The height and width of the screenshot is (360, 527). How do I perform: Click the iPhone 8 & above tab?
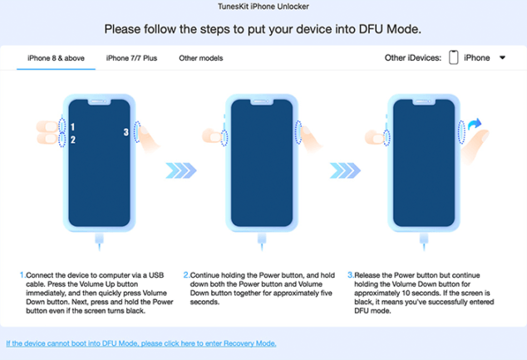56,58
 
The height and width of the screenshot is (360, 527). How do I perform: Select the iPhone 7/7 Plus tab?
131,58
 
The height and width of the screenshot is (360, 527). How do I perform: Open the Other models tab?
200,58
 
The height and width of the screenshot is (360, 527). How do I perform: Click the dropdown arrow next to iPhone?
502,58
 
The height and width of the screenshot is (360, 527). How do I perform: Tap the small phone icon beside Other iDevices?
453,57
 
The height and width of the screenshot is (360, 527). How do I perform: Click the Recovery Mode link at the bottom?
141,343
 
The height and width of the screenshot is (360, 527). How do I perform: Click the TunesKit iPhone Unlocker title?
263,7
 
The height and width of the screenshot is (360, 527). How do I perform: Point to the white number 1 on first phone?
73,127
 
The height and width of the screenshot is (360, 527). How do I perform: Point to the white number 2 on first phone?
73,140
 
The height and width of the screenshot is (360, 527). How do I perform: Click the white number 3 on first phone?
126,132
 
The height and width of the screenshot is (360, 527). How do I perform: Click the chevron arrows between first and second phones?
181,170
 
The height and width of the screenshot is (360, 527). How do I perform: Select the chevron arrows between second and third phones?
345,170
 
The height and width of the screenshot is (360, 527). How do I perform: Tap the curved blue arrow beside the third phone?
475,124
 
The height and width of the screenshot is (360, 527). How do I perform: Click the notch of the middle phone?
262,102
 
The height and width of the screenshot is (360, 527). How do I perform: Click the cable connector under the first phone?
100,241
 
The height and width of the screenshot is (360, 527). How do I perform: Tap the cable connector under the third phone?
424,241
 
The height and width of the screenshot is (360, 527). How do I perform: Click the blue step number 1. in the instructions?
22,275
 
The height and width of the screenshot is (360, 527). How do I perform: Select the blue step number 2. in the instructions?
186,275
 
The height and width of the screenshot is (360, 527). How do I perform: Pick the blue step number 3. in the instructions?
351,275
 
